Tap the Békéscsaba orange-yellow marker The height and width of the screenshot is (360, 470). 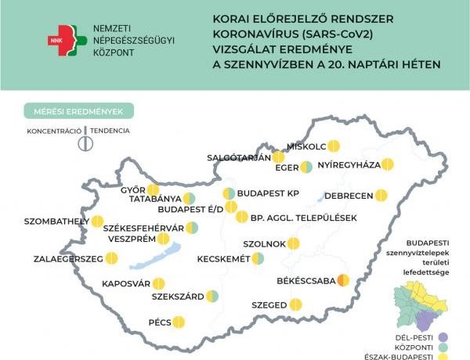click(342, 280)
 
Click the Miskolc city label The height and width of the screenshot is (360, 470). click(305, 145)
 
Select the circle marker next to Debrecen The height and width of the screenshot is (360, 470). click(381, 195)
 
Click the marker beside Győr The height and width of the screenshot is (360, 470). click(154, 189)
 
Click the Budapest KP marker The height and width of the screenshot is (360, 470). click(229, 193)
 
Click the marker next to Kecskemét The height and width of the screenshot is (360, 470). click(258, 258)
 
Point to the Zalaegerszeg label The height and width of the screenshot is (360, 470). click(67, 257)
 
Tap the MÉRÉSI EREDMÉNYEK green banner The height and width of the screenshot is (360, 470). click(78, 111)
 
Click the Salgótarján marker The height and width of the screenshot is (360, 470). click(278, 157)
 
